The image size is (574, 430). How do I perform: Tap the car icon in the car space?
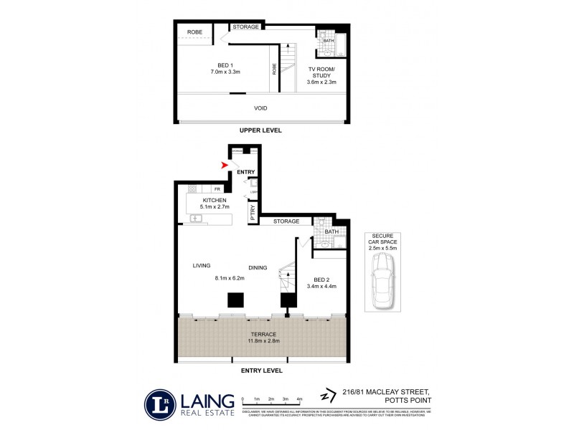point(382,284)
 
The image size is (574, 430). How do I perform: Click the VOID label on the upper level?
point(260,108)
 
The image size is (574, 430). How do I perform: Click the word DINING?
point(258,267)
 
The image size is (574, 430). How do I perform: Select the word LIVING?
point(202,265)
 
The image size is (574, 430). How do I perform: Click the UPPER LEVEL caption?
point(260,131)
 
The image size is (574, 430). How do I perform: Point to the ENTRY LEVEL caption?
point(261,371)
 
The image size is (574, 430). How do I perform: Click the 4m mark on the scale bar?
point(299,398)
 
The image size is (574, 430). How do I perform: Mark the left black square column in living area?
point(234,300)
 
